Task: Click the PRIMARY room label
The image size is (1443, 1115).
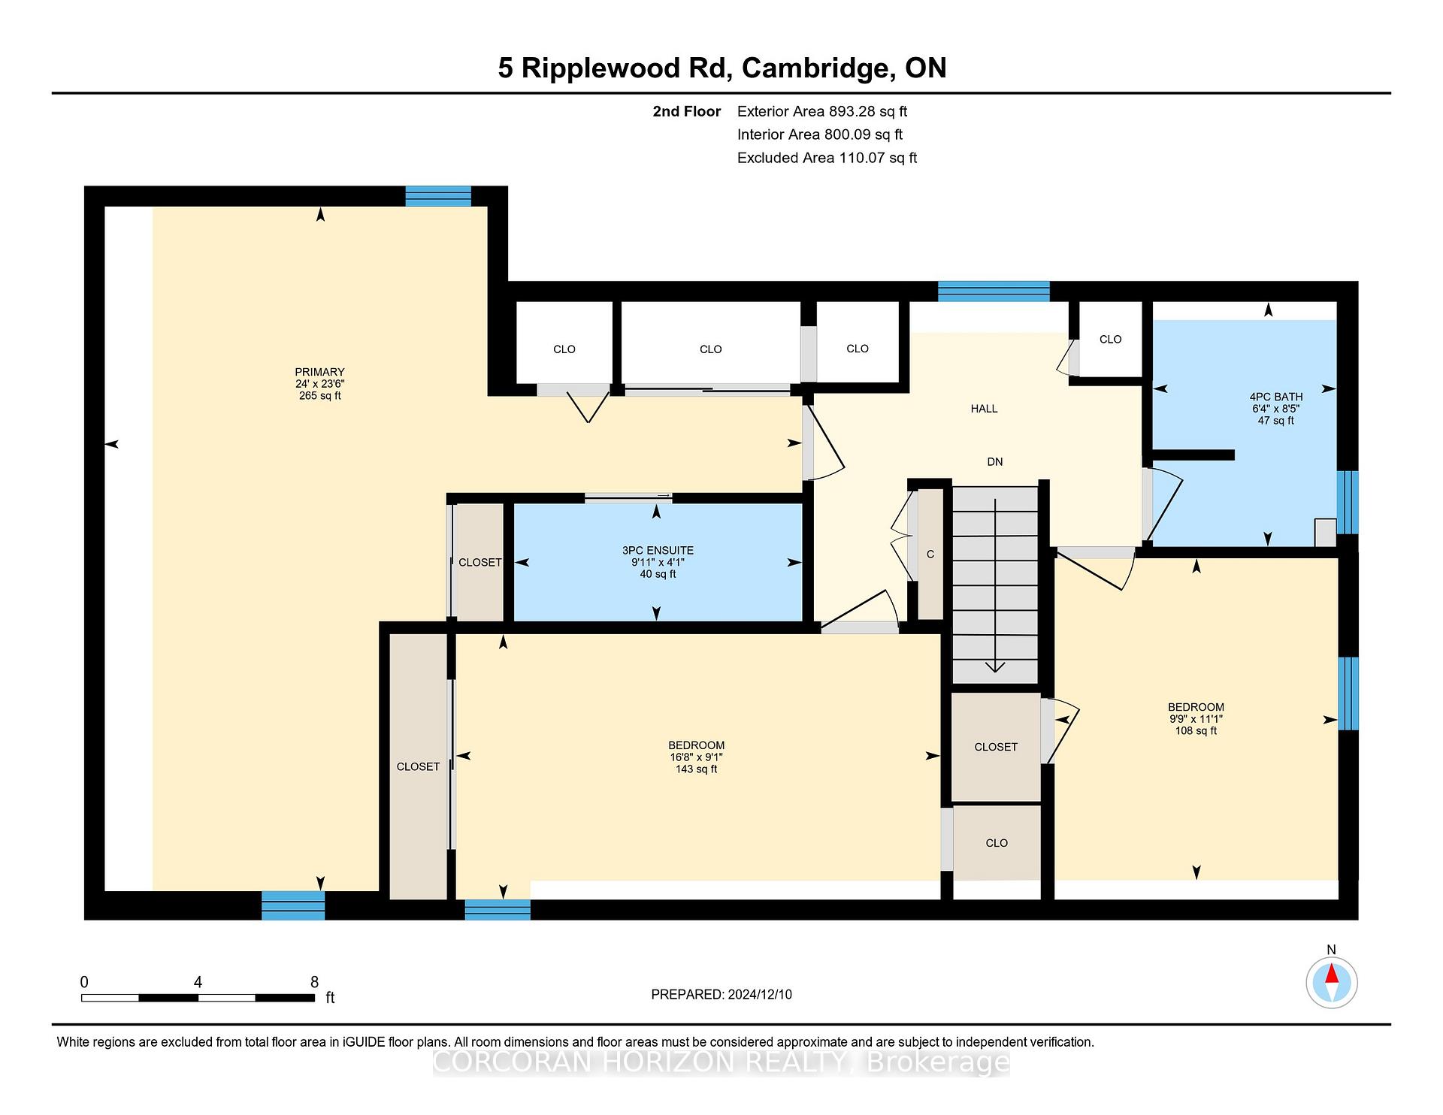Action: (x=319, y=372)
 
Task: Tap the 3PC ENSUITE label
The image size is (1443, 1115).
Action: (x=658, y=550)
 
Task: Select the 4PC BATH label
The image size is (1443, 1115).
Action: (x=1276, y=397)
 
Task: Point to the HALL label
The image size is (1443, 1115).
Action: (x=984, y=409)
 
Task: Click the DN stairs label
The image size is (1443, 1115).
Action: (x=995, y=462)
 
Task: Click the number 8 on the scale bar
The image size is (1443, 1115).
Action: (x=314, y=982)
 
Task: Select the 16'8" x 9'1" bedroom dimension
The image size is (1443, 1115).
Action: (x=697, y=757)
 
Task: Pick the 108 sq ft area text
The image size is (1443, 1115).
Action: (x=1196, y=730)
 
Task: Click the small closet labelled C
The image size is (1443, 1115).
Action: (x=930, y=554)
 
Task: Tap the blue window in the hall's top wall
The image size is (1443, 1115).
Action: (x=994, y=292)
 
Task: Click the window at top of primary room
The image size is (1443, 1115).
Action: (x=438, y=196)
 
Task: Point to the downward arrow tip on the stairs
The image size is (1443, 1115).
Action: (x=995, y=671)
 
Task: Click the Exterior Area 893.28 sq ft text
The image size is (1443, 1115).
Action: (x=822, y=111)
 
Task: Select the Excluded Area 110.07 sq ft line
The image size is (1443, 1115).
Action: (x=827, y=158)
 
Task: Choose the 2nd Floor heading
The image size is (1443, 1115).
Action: (x=687, y=111)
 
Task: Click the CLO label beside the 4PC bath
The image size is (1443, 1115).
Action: (x=1110, y=340)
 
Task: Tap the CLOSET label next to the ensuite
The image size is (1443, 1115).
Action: (x=480, y=563)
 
